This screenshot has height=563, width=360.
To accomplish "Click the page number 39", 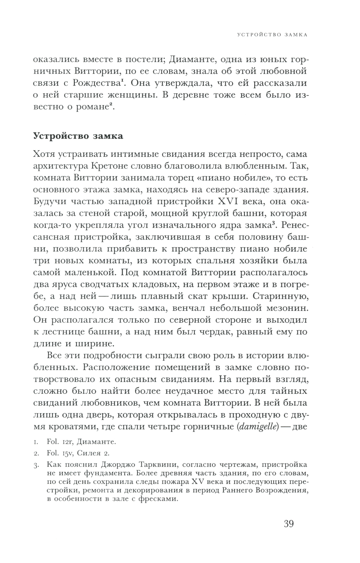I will [289, 523].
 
